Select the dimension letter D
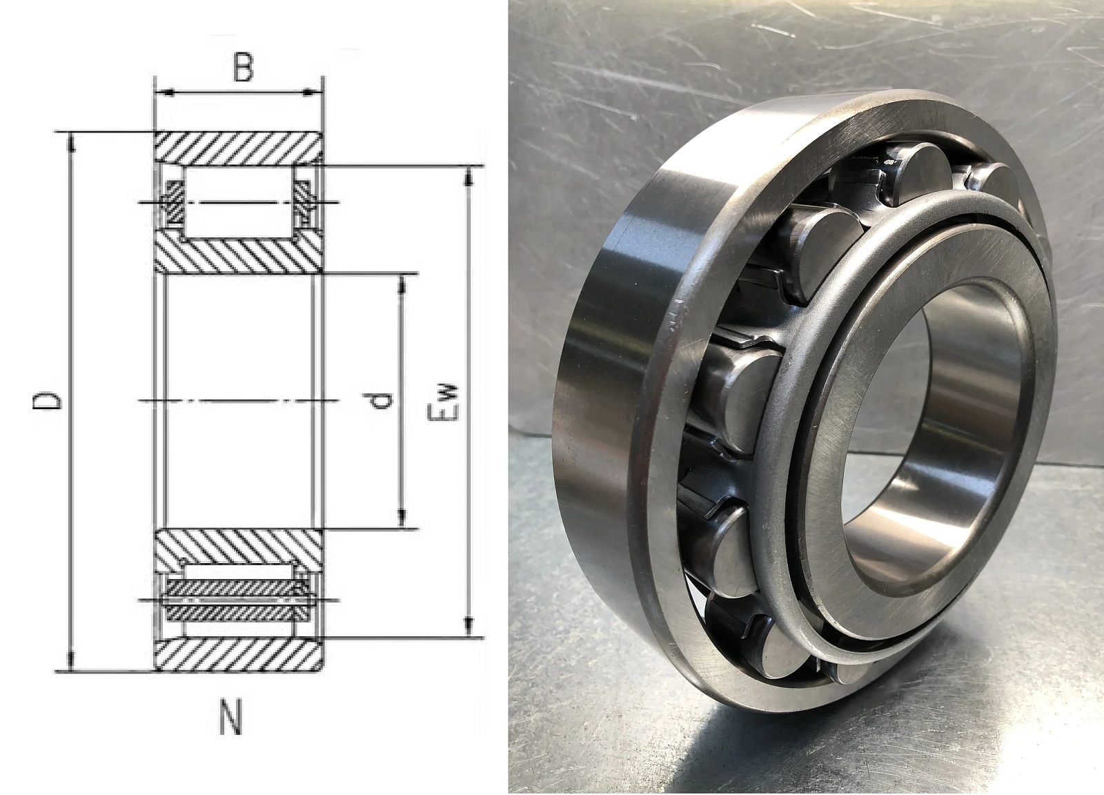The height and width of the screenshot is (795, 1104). (48, 401)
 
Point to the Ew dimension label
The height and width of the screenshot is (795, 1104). (444, 401)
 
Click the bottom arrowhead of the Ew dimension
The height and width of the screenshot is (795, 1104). (469, 628)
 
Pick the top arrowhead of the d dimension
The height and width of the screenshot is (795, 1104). (402, 283)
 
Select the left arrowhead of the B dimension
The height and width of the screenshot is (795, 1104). (164, 92)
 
